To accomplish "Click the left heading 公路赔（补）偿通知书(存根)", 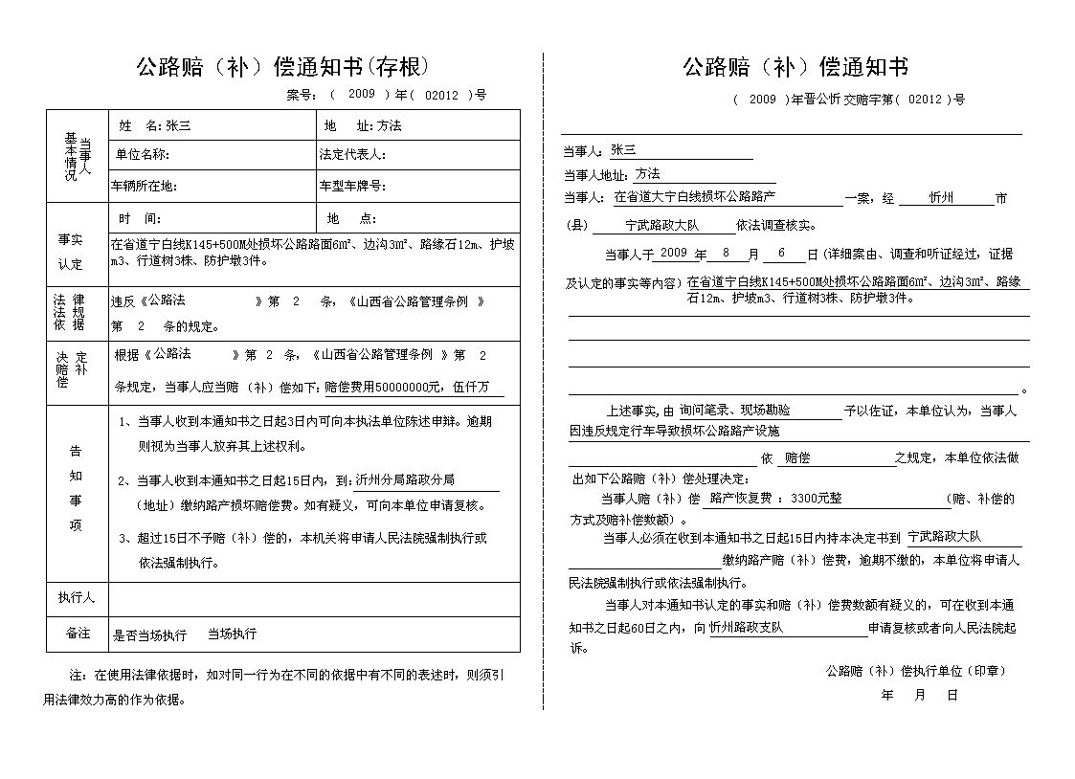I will [x=283, y=67].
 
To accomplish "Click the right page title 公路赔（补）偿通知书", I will [x=795, y=67].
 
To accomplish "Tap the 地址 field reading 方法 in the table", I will [x=389, y=125].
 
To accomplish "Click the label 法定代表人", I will [x=352, y=155].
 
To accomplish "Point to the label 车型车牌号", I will [x=352, y=186].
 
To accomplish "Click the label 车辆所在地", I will [x=145, y=186].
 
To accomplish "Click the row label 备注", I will [x=78, y=634].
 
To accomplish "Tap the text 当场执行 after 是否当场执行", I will [x=232, y=634].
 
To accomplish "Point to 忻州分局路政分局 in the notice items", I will [x=404, y=480].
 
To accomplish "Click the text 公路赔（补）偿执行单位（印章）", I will [x=915, y=671].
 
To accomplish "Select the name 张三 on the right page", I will [x=623, y=150].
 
